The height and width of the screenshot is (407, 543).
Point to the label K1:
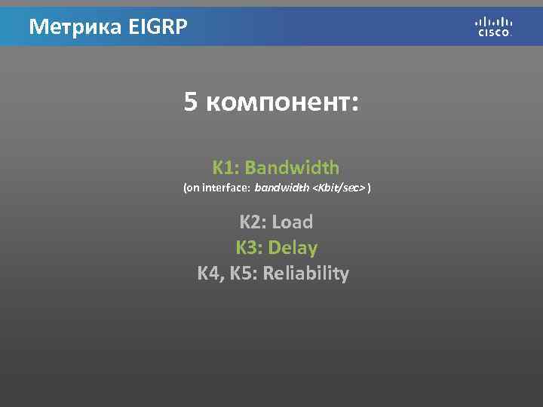[x=225, y=167]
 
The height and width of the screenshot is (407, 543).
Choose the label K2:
[x=253, y=222]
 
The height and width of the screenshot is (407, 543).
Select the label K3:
[x=250, y=247]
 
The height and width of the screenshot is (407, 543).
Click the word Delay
[x=293, y=247]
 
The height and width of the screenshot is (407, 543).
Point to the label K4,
[x=211, y=273]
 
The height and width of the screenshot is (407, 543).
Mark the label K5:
[x=244, y=273]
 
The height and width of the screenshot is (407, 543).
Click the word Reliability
[x=306, y=273]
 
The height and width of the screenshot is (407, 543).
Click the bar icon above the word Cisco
[x=494, y=21]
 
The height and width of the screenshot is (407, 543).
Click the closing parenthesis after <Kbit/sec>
[x=370, y=187]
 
